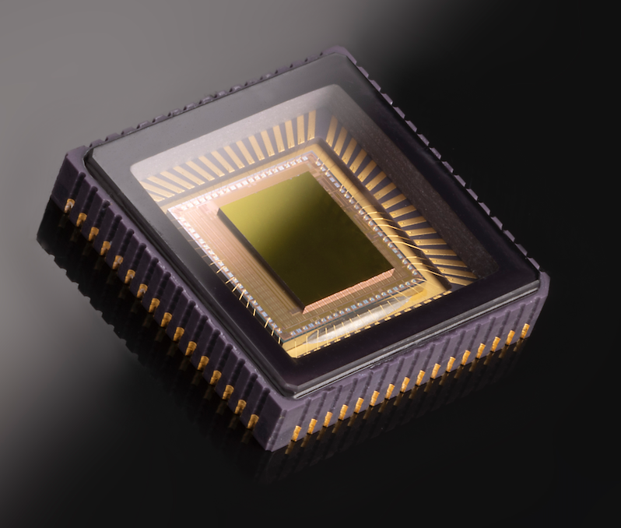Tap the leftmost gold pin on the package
[x=69, y=206]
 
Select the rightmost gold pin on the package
[x=525, y=330]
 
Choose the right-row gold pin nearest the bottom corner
[x=296, y=433]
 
